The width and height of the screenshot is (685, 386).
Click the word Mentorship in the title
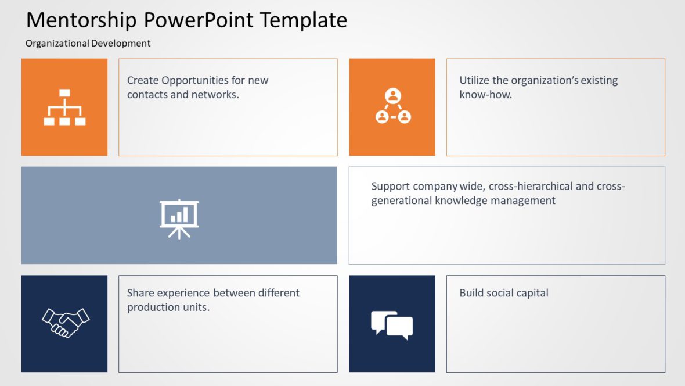coord(82,20)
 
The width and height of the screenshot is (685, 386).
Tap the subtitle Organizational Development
coord(88,43)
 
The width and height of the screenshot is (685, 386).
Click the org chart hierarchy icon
coord(64,107)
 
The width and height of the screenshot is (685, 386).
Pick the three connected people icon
coord(393,106)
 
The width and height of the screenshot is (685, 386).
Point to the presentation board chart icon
coord(179,219)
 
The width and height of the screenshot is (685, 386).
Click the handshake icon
coord(65,323)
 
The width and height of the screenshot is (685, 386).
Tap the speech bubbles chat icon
coord(392,324)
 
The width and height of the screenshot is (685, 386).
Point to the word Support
coord(391,187)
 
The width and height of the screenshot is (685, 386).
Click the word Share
coord(140,293)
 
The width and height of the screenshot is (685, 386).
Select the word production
coord(153,307)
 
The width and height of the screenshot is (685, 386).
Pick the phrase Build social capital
coord(504,293)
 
